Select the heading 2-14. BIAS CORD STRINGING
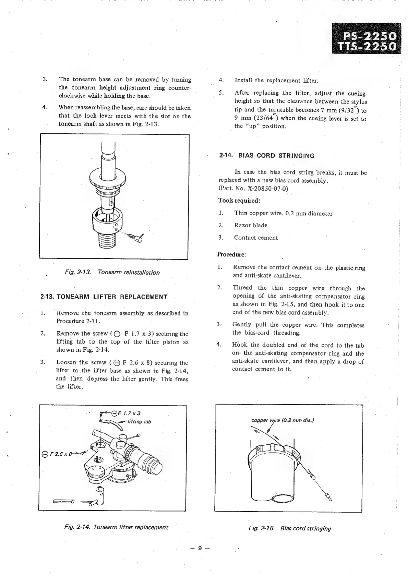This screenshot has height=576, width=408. pyautogui.click(x=266, y=156)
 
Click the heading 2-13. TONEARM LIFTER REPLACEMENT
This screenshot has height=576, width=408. pyautogui.click(x=104, y=297)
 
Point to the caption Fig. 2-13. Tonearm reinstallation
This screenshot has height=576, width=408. pyautogui.click(x=112, y=272)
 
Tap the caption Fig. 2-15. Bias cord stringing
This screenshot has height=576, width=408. pyautogui.click(x=290, y=528)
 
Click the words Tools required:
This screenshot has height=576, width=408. pyautogui.click(x=239, y=200)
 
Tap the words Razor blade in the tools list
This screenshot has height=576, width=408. pyautogui.click(x=251, y=225)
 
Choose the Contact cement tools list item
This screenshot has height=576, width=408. pyautogui.click(x=256, y=238)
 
